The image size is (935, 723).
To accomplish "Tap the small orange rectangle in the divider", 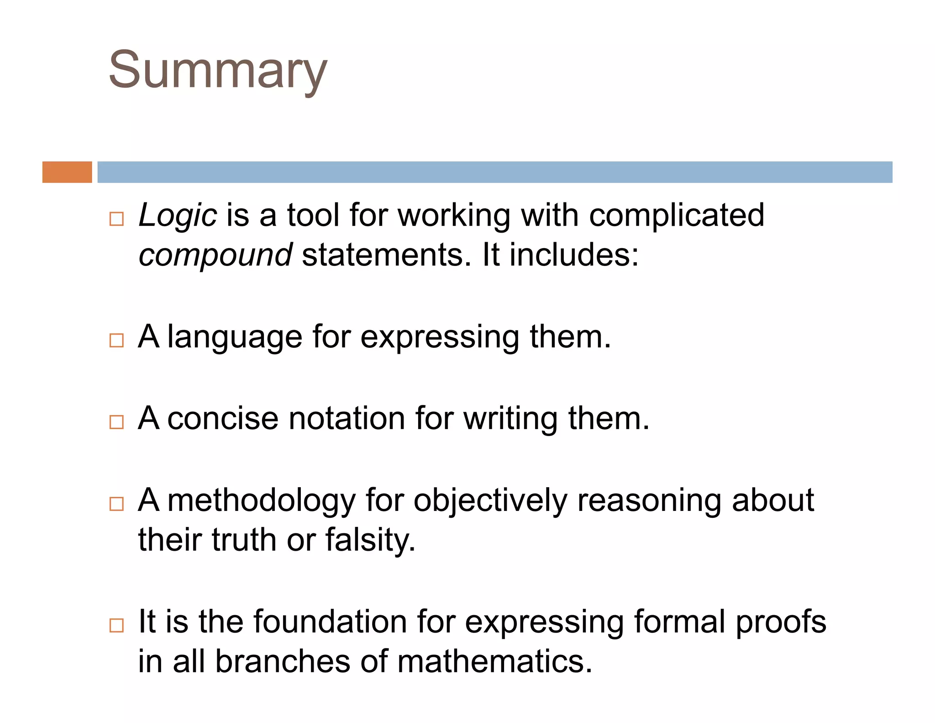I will point(67,172).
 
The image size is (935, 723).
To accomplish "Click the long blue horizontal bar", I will point(494,172).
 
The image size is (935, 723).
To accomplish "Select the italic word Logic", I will point(177,215).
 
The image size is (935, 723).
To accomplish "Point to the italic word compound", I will point(215,255).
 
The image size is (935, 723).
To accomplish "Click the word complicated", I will point(676,215).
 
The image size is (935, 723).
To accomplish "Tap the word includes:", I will point(574,255).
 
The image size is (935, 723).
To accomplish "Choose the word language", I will point(235,337).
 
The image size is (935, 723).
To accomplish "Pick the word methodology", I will point(261,501).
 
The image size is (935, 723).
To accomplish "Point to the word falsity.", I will point(370,540).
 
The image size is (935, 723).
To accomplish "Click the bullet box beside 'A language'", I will point(116,340).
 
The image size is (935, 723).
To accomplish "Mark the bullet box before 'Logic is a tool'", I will point(116,219).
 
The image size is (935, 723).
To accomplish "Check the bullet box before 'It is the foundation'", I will point(116,625).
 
